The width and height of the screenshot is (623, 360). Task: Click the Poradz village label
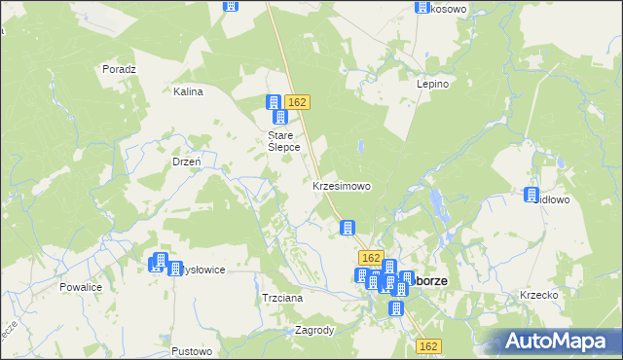tap(119, 69)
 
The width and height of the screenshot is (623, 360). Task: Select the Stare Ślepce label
tap(283, 141)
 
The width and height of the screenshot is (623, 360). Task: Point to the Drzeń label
tap(186, 162)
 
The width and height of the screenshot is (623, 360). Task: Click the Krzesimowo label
tap(341, 185)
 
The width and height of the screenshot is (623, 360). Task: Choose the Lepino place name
tap(432, 85)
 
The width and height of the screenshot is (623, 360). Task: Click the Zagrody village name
tap(314, 330)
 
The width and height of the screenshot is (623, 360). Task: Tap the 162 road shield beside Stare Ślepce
tap(298, 102)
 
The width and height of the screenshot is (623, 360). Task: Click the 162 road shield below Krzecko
tap(429, 345)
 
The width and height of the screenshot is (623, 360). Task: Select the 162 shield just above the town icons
tap(369, 257)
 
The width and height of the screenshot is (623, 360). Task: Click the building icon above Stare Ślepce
tap(275, 103)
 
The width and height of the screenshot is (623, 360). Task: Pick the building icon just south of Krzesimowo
tap(347, 228)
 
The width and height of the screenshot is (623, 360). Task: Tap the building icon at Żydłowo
tap(532, 195)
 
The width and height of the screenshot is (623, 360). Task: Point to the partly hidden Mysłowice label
tap(203, 270)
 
